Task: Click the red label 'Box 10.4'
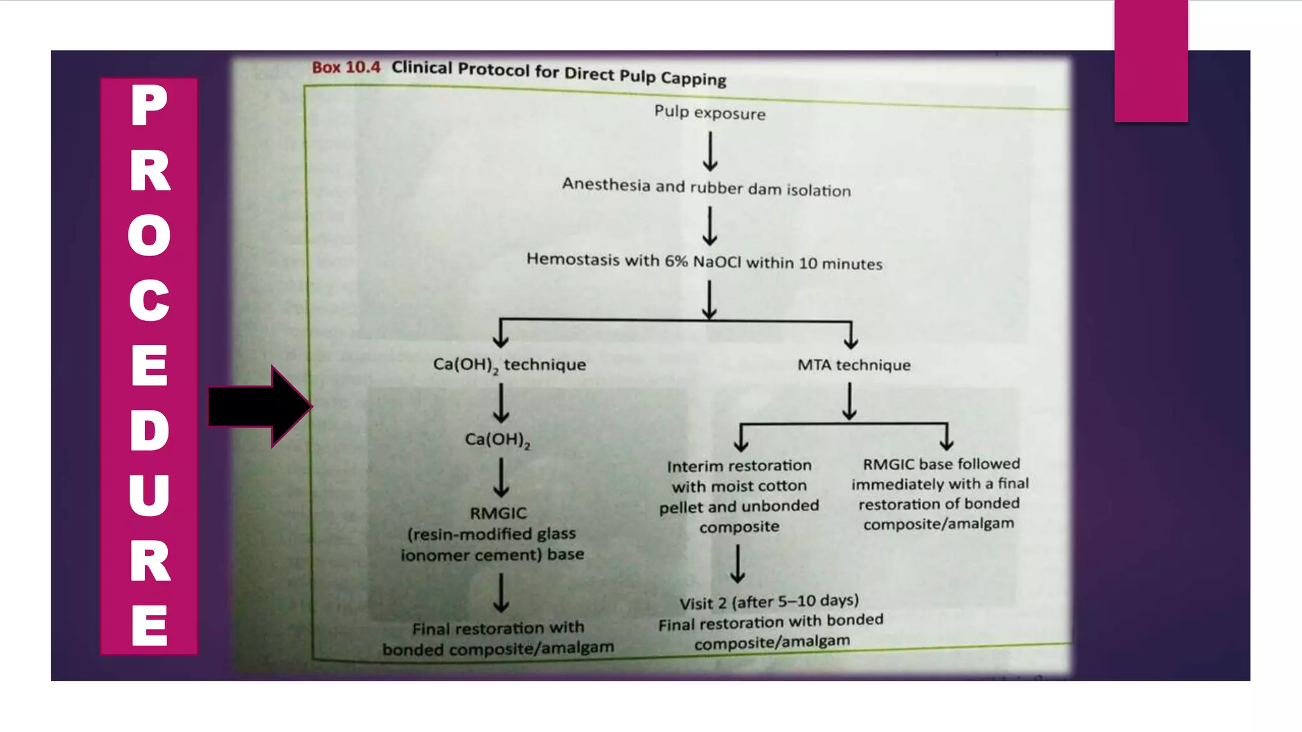346,67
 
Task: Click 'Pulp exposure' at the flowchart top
709,112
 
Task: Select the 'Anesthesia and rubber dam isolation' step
706,187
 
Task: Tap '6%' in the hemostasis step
676,261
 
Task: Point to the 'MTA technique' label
854,365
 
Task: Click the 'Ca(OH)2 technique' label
509,365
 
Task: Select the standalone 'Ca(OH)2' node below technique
497,440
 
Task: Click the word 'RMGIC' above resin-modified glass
498,513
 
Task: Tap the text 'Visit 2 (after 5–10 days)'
769,602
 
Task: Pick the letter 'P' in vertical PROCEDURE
149,105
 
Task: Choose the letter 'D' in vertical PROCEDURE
149,430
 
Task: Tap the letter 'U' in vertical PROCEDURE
149,495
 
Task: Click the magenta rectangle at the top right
1151,60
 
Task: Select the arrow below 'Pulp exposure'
710,151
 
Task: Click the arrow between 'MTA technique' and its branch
849,402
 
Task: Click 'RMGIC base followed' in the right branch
941,464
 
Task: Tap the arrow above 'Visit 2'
737,564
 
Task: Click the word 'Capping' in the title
693,78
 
